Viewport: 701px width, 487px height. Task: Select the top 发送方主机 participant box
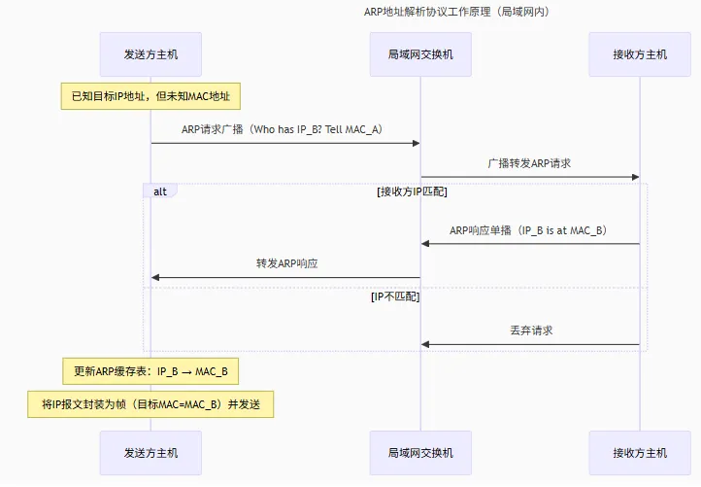coord(150,54)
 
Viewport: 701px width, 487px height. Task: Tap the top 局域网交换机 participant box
coord(420,54)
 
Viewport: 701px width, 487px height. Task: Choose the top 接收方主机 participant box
coord(639,54)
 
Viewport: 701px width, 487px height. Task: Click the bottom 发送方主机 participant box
coord(150,453)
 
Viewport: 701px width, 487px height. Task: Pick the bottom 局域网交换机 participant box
coord(420,453)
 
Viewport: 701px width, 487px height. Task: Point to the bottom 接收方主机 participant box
coord(639,453)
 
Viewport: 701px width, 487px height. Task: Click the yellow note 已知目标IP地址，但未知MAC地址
coord(150,95)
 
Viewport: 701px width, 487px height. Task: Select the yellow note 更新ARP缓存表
coord(150,370)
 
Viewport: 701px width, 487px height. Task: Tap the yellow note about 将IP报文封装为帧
coord(150,404)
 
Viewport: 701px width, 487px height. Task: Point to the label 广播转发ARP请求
coord(529,163)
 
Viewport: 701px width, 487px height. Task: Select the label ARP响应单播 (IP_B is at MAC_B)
coord(529,230)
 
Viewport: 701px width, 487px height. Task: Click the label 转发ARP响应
coord(286,263)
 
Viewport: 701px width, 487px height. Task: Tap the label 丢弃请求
coord(530,330)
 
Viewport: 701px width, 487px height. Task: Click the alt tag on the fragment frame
coord(159,191)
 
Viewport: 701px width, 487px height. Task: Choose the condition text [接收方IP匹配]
coord(412,192)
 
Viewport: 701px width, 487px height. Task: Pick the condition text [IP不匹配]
coord(395,296)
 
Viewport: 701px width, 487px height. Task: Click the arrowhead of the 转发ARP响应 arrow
coord(155,278)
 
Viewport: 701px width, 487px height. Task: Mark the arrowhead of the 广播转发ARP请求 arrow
coord(635,177)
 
